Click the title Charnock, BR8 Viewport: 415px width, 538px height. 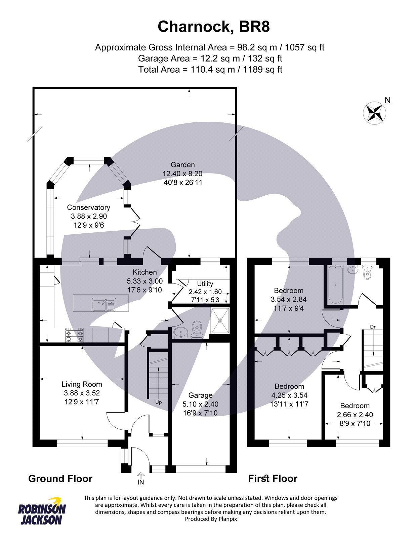[214, 27]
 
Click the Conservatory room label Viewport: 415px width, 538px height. [88, 207]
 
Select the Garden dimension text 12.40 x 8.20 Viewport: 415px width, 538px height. [182, 174]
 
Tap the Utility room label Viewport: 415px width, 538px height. [205, 283]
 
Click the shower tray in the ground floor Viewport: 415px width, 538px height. [220, 320]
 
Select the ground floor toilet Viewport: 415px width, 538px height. [196, 329]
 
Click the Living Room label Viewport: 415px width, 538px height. [82, 384]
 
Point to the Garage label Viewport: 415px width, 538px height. [200, 395]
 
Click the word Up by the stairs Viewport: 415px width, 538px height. [158, 402]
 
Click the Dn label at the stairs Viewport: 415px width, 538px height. [373, 326]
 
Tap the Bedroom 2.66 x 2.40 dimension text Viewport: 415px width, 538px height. [355, 415]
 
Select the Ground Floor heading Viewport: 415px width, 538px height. [60, 478]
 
